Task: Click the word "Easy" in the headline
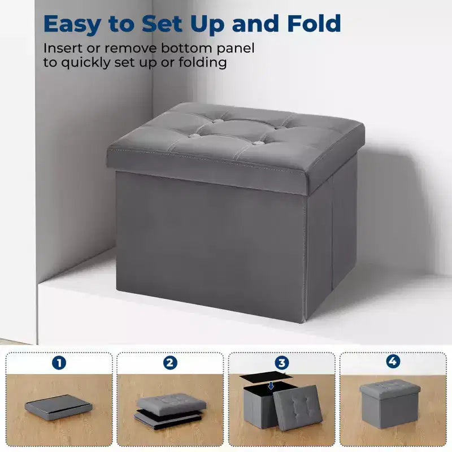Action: [72, 24]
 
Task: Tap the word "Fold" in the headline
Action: [314, 23]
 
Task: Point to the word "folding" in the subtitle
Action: [203, 63]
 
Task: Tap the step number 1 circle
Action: [59, 363]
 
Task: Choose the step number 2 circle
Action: [170, 363]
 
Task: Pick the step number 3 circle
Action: [281, 362]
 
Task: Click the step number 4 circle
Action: [393, 361]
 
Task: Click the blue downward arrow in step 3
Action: [271, 385]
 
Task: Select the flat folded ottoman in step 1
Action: [59, 407]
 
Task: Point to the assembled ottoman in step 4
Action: [390, 403]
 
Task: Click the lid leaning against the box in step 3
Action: [298, 407]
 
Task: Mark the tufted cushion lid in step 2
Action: [172, 403]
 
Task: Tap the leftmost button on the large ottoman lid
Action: [195, 136]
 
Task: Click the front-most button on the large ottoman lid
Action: [259, 143]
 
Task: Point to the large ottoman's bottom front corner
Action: [304, 322]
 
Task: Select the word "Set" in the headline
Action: [162, 23]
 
